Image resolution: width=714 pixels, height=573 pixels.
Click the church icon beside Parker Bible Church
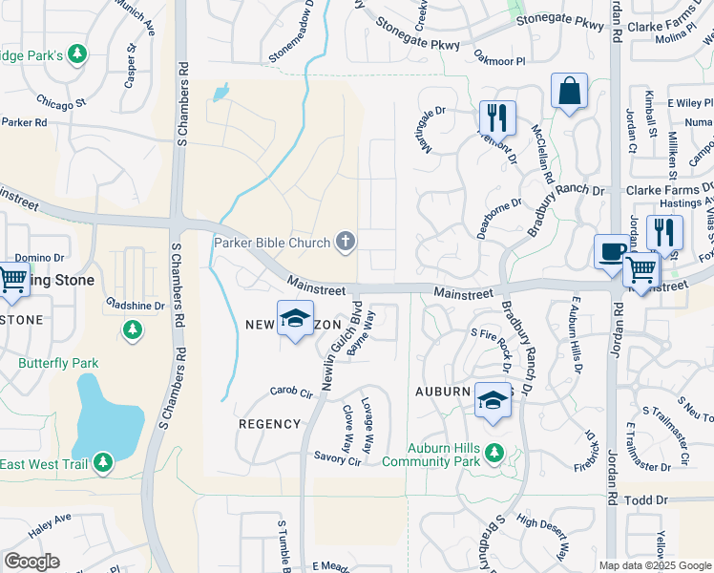346,242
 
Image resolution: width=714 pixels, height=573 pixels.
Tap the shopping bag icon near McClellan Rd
569,93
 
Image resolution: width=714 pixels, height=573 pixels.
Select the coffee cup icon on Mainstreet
612,252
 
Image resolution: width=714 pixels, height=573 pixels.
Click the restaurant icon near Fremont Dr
497,117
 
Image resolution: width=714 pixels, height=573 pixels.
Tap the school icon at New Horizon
296,318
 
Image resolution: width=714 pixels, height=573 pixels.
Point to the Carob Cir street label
291,393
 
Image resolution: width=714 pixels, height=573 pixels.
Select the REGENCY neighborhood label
269,423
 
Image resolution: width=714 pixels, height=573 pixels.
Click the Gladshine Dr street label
135,306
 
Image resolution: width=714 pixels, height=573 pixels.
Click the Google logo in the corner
31,562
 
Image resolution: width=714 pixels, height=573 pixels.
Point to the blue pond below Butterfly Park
106,415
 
